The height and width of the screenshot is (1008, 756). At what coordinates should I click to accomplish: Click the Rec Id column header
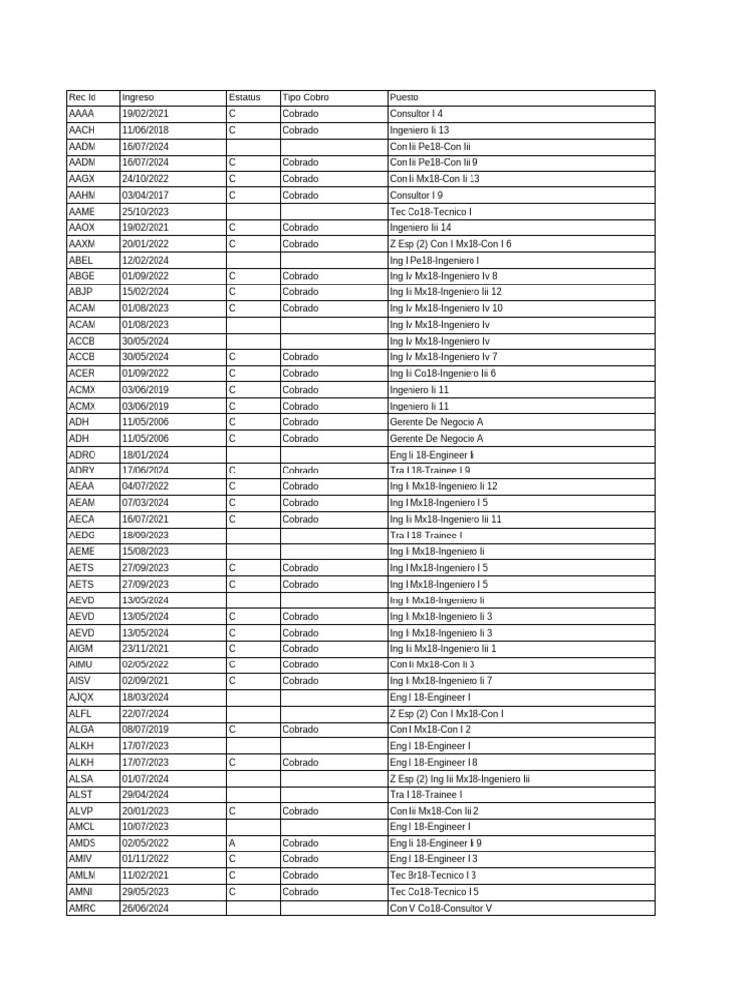[83, 97]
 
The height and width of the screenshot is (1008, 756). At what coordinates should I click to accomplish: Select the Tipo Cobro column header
[305, 97]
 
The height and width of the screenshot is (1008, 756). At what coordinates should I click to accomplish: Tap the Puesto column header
[404, 97]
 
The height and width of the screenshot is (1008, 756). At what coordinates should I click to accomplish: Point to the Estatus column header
[244, 97]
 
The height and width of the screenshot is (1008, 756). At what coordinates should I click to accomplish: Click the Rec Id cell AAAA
[82, 114]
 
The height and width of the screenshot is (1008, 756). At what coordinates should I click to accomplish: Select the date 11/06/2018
[145, 130]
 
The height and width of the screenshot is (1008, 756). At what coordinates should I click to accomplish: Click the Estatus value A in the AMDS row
[232, 843]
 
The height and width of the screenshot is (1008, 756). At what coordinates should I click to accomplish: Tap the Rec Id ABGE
[82, 276]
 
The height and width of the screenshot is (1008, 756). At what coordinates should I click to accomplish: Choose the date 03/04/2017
[145, 195]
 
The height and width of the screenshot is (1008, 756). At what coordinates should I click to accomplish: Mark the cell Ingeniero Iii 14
[420, 227]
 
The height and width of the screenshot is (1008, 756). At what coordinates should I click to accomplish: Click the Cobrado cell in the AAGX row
[300, 179]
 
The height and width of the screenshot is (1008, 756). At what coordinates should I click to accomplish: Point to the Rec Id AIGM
[82, 649]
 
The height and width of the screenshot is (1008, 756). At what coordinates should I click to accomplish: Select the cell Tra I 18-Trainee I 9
[429, 471]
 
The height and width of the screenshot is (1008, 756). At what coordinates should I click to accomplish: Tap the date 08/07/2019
[145, 729]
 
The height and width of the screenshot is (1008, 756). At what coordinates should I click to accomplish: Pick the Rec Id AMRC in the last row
[83, 908]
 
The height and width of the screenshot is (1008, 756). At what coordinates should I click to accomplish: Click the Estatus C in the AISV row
[232, 680]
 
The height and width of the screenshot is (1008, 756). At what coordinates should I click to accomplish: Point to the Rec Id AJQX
[82, 697]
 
